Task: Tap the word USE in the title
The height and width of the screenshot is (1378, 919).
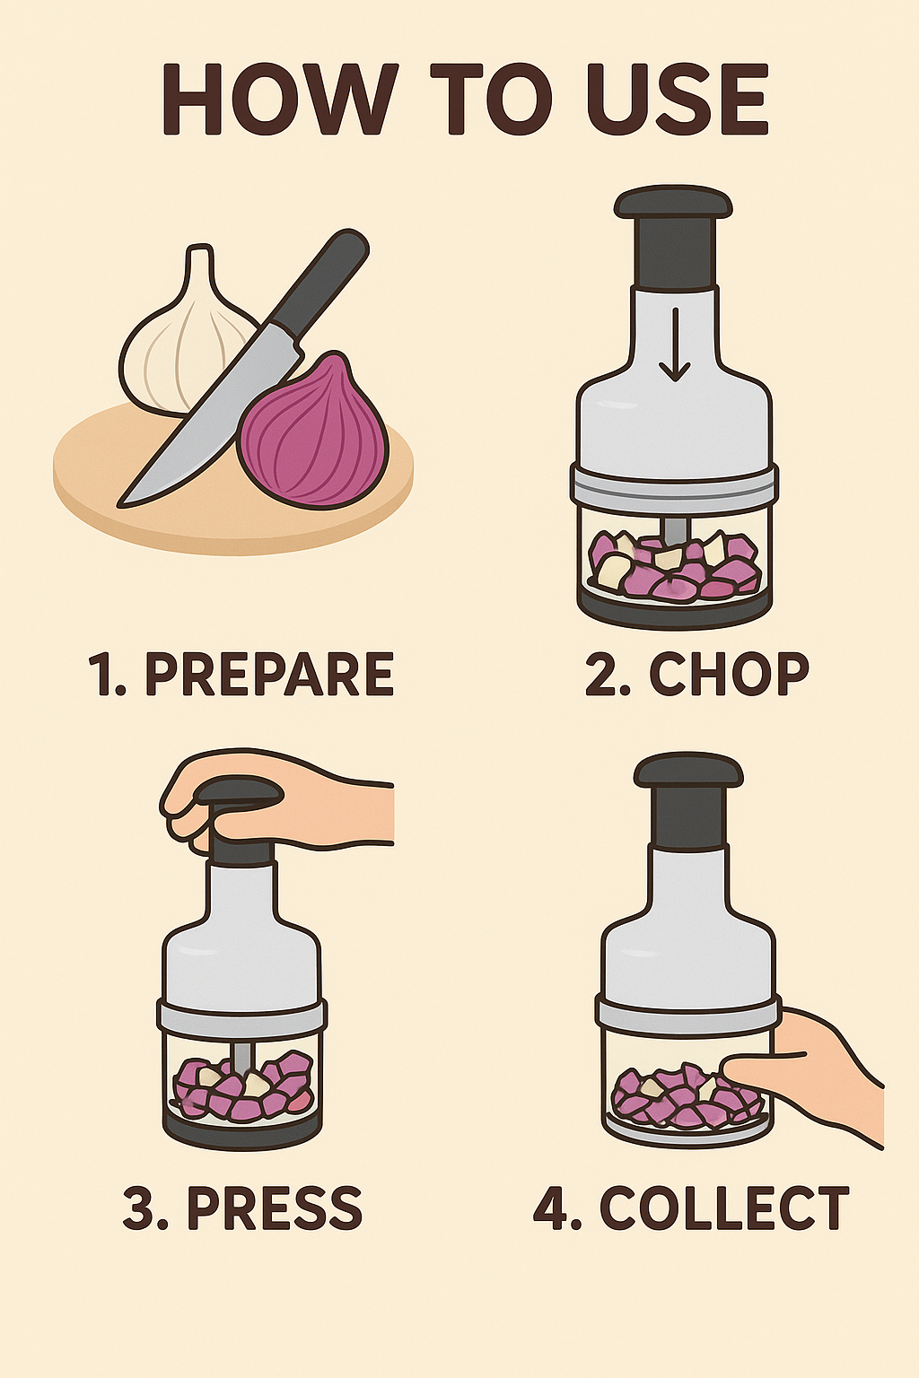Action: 678,98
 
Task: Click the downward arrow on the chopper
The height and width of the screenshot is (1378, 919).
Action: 675,344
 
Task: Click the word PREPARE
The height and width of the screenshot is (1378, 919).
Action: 269,675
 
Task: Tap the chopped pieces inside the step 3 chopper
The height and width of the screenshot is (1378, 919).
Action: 242,1086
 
